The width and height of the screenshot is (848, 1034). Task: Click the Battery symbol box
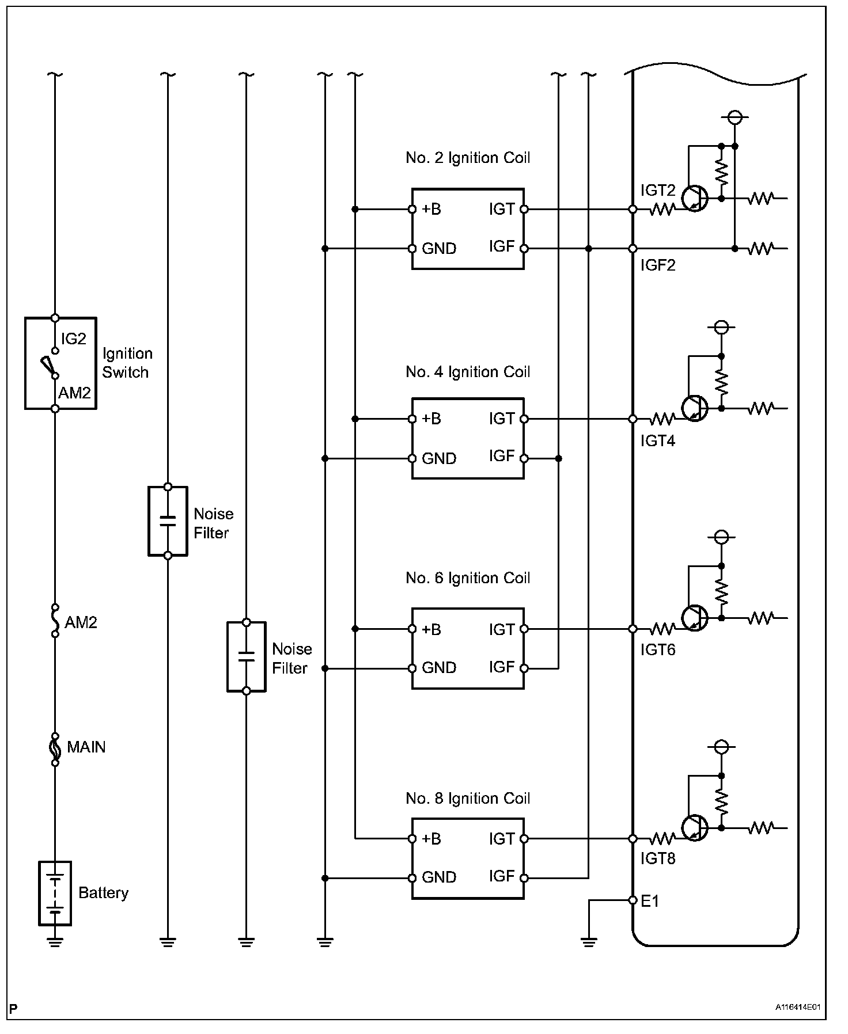pyautogui.click(x=55, y=893)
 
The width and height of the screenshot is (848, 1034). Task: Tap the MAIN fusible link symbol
pyautogui.click(x=55, y=749)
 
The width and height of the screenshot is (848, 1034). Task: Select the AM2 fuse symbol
pyautogui.click(x=55, y=621)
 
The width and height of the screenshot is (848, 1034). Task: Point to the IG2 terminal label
pyautogui.click(x=73, y=339)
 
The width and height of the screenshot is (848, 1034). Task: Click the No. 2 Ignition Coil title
pyautogui.click(x=468, y=158)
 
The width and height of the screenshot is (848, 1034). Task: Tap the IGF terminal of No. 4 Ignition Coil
pyautogui.click(x=524, y=458)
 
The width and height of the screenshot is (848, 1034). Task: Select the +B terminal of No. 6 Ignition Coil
pyautogui.click(x=412, y=629)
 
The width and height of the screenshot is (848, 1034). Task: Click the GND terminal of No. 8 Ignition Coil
pyautogui.click(x=412, y=878)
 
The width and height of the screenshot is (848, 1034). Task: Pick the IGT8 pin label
pyautogui.click(x=658, y=858)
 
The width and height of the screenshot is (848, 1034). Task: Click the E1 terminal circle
pyautogui.click(x=633, y=900)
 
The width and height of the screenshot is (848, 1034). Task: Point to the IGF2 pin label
pyautogui.click(x=658, y=265)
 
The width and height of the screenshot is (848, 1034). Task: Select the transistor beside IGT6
pyautogui.click(x=694, y=618)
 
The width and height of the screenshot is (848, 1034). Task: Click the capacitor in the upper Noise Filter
pyautogui.click(x=168, y=521)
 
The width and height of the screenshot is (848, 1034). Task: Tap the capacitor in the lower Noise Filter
pyautogui.click(x=246, y=656)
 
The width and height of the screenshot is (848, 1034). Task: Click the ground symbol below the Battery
pyautogui.click(x=55, y=942)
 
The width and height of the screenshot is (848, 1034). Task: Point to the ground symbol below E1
pyautogui.click(x=589, y=942)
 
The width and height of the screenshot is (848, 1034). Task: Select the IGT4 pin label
pyautogui.click(x=658, y=441)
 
